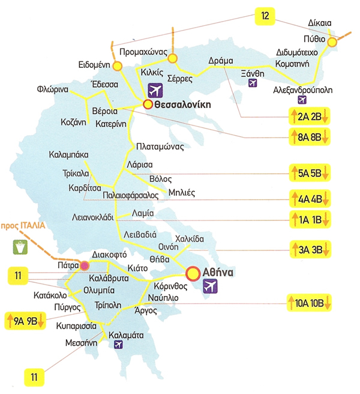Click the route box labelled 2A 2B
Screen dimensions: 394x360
click(x=309, y=115)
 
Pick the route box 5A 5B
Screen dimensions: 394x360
click(x=309, y=174)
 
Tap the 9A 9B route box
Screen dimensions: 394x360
click(x=25, y=319)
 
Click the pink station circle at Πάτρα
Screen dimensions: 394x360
click(x=84, y=265)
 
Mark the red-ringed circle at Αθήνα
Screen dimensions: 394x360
click(x=193, y=274)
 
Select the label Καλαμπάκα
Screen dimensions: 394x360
click(x=71, y=155)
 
